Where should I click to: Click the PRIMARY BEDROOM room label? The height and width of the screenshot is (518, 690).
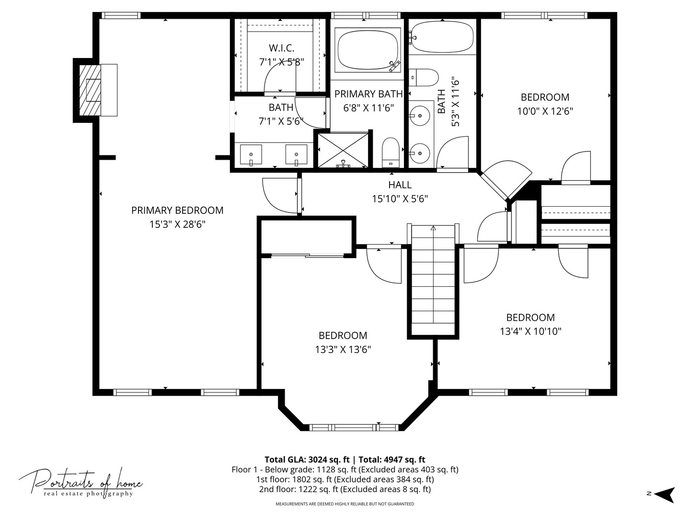click(177, 210)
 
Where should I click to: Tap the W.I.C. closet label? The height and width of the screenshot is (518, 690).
click(281, 48)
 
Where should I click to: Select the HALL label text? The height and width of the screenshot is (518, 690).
click(400, 185)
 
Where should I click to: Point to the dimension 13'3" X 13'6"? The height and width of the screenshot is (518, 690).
click(343, 350)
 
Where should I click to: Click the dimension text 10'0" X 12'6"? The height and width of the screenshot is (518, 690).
click(545, 111)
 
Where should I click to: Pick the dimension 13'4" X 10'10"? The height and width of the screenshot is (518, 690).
click(530, 331)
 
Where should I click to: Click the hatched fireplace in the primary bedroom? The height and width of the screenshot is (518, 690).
click(90, 90)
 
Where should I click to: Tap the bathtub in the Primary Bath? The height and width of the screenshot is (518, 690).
click(368, 50)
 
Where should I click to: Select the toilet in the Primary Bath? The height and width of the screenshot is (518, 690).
click(391, 153)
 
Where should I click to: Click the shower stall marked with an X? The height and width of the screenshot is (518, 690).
click(343, 150)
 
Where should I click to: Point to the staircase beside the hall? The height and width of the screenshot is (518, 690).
click(433, 280)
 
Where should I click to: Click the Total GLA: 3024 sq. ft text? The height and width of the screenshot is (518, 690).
click(307, 459)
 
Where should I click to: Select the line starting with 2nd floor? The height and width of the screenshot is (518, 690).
click(345, 489)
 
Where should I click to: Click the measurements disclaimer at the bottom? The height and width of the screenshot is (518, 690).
click(345, 504)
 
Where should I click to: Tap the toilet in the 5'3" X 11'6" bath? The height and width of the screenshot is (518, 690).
click(424, 77)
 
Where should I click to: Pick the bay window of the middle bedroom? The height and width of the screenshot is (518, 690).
click(354, 427)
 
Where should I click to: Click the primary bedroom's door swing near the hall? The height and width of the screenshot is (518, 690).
click(280, 196)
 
